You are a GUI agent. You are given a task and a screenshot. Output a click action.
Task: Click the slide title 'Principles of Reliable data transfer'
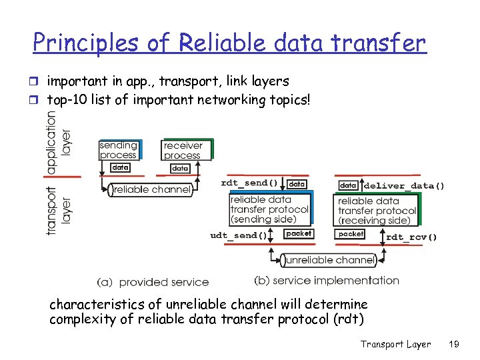(229, 43)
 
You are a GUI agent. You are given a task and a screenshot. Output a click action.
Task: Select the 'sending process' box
(118, 150)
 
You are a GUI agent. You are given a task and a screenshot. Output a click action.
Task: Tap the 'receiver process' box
(183, 150)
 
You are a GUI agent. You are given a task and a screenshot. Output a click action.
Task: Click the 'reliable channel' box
(151, 190)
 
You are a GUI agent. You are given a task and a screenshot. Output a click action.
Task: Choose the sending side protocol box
(269, 209)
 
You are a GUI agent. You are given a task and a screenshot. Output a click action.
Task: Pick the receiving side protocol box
(377, 211)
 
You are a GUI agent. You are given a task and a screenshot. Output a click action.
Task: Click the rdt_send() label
(249, 183)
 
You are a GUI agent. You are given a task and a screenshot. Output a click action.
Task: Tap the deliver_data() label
(404, 185)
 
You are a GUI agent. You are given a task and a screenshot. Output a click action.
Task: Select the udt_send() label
(238, 235)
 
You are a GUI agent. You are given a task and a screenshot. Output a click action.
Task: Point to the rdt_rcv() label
(411, 237)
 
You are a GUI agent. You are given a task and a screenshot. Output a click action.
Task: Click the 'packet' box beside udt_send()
(298, 234)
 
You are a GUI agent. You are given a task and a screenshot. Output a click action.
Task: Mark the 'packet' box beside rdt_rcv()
(351, 234)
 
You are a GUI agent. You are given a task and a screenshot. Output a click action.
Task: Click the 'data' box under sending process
(120, 167)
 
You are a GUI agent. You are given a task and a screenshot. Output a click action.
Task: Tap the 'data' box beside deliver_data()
(348, 185)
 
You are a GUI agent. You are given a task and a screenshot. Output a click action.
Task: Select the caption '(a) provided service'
(153, 282)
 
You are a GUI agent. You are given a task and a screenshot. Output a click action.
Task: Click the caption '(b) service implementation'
(327, 281)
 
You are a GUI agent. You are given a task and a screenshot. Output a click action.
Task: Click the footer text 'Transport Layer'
(395, 344)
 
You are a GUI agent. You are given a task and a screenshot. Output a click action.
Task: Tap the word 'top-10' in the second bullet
(65, 100)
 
